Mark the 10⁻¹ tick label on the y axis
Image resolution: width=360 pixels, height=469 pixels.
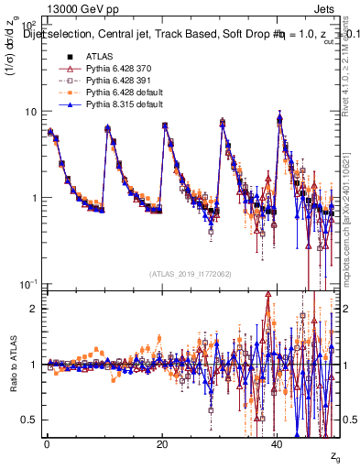28,283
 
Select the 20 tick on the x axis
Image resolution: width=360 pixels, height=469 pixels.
162,444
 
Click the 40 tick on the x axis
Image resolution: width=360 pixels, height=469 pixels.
278,444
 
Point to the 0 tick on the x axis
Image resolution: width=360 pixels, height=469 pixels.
46,444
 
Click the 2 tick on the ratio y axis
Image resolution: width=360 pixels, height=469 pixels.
34,309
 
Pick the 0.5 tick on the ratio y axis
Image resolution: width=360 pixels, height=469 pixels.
30,420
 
